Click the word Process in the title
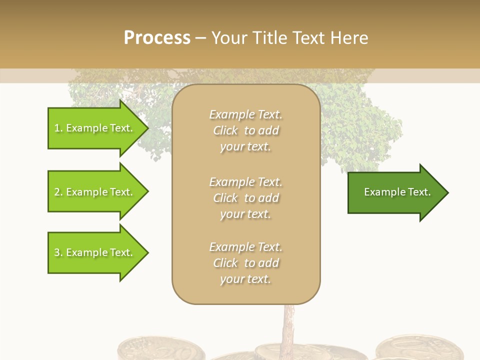pos(157,38)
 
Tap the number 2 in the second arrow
pos(57,192)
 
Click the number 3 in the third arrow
pos(57,252)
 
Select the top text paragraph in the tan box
pos(245,130)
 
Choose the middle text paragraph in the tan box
pos(245,198)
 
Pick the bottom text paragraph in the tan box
pos(245,263)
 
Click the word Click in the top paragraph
pos(225,130)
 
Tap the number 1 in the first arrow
pos(57,128)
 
